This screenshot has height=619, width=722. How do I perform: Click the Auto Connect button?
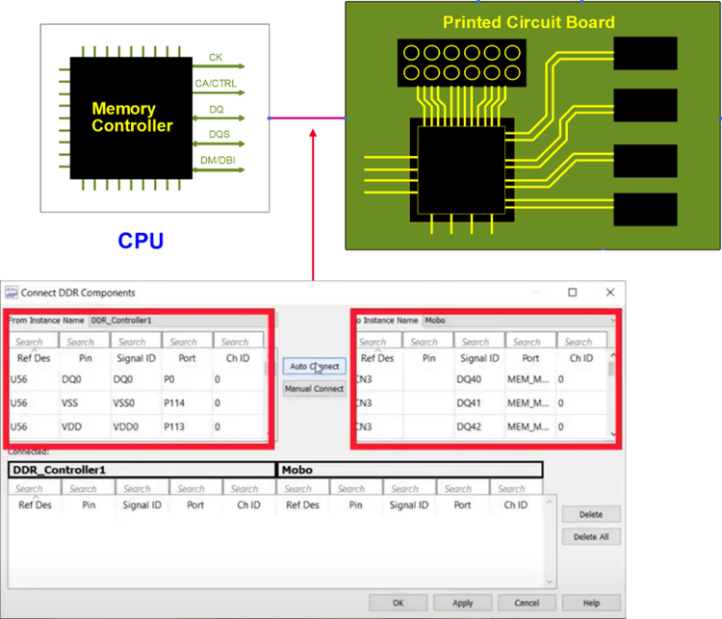point(314,366)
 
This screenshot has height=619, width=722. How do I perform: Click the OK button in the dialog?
point(398,603)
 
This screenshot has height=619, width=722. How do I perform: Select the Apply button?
point(463,603)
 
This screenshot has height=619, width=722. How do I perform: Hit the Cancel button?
point(526,603)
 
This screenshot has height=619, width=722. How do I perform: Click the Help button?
point(591,603)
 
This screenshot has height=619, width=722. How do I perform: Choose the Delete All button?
point(591,537)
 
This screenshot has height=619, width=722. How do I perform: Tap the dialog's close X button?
point(609,292)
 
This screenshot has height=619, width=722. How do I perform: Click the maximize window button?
point(572,292)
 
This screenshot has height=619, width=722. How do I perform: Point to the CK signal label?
point(216,58)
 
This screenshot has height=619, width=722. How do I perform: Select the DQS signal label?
point(219,135)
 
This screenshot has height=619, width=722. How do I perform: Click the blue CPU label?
point(141,241)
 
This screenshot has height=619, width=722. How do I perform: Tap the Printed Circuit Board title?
point(529,22)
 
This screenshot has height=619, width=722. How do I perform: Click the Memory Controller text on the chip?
point(132,117)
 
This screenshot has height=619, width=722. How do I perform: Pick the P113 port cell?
point(175,426)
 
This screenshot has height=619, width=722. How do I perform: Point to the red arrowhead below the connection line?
point(314,132)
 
